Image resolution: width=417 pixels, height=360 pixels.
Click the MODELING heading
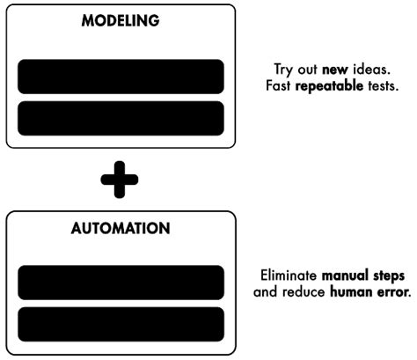(121, 21)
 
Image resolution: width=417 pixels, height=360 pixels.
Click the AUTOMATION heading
(121, 228)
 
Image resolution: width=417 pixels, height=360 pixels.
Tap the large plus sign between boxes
(120, 180)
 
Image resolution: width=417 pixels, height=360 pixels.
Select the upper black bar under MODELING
(121, 77)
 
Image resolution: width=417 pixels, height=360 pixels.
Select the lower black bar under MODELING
(121, 118)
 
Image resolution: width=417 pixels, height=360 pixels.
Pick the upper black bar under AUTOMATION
(121, 283)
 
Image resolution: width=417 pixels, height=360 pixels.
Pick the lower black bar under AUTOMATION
(121, 324)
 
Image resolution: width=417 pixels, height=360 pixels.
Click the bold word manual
(345, 276)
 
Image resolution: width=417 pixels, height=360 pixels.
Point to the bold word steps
(391, 276)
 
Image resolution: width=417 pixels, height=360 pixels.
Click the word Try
(282, 70)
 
